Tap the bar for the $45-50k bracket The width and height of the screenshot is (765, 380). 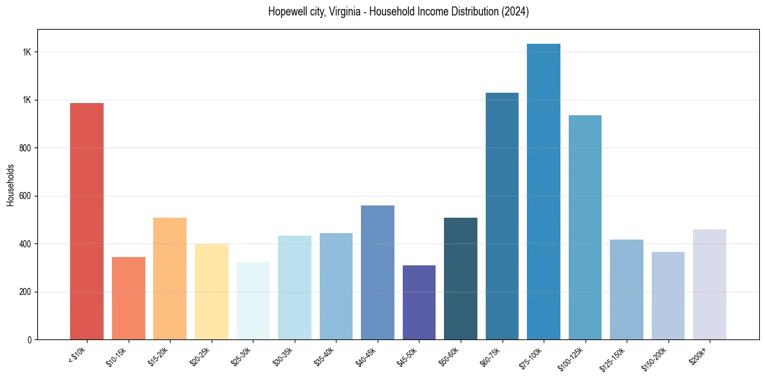click(419, 302)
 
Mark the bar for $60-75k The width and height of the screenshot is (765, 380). click(502, 216)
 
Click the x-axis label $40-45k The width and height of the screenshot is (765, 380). click(367, 356)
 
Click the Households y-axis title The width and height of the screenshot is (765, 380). click(10, 185)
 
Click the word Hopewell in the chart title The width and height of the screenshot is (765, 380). click(287, 12)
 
